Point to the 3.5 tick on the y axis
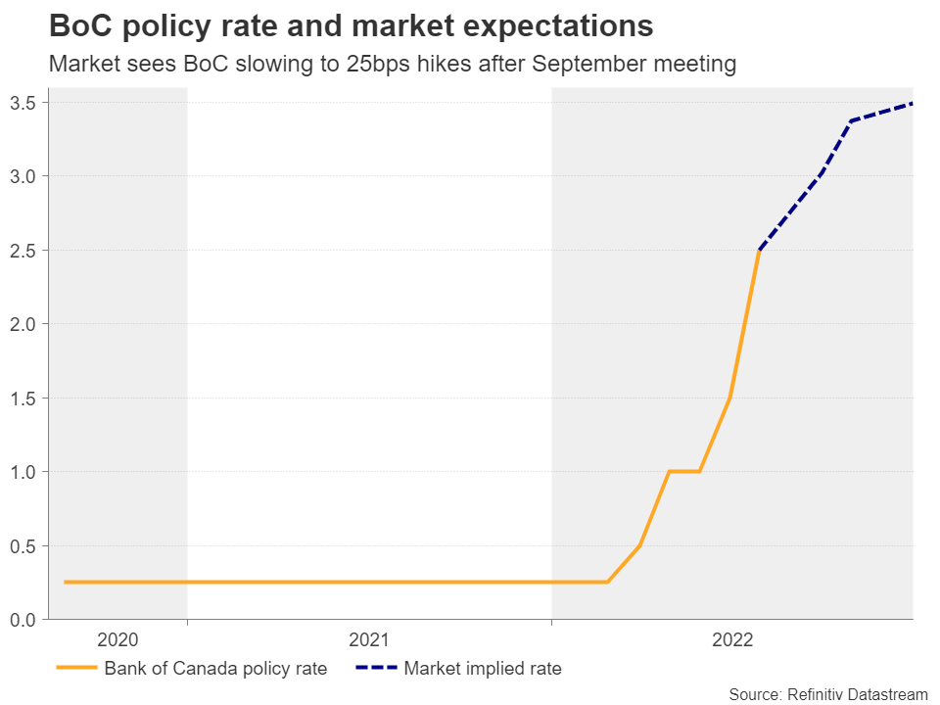point(23,103)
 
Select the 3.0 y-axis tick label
point(23,176)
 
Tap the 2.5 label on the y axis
point(23,251)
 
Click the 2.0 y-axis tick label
point(23,324)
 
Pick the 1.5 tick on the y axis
point(23,399)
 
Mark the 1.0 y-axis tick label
point(23,472)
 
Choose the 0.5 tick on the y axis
point(23,545)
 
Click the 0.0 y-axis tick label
point(23,620)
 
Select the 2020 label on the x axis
point(117,640)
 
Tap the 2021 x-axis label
point(369,640)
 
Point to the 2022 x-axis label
point(732,640)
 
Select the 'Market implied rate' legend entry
point(483,669)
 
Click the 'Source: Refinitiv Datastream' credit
point(827,694)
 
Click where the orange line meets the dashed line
point(759,251)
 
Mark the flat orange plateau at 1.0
point(683,472)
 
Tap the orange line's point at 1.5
point(729,398)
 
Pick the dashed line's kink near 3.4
point(851,121)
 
